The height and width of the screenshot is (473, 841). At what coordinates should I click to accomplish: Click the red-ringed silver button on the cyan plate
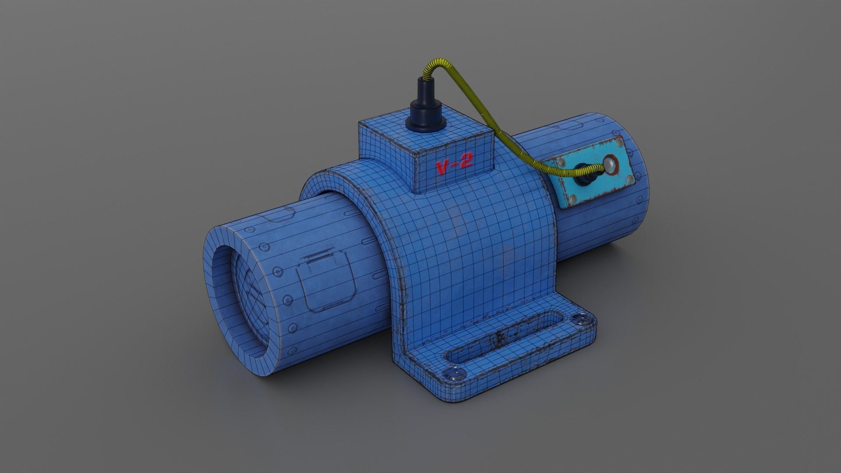[609, 165]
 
